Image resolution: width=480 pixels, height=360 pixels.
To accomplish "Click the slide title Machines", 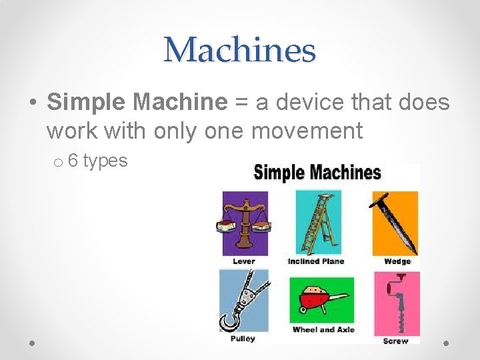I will point(240,50).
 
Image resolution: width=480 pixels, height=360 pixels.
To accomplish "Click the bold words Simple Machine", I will point(137,102).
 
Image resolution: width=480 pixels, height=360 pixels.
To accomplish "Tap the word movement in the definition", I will point(307,131).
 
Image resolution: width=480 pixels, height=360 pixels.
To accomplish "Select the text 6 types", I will point(97,161).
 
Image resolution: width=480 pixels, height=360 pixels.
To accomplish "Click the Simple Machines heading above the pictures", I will point(317,173).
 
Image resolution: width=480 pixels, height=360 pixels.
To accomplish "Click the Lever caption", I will point(244,261).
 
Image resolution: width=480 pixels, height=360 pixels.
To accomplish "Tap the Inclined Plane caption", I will point(316,261).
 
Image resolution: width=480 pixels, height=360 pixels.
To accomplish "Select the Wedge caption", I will point(397,261).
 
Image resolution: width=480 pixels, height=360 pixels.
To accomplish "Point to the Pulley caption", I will point(243,339).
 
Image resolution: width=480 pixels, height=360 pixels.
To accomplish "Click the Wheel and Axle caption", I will point(323,329).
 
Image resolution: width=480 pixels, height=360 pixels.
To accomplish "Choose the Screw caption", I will point(396,341).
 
